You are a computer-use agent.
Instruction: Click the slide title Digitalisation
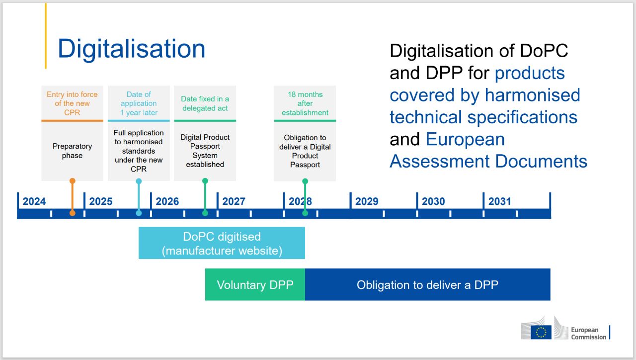tap(131, 49)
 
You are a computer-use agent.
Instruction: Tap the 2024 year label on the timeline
tap(34, 201)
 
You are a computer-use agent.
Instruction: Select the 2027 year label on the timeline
tap(234, 201)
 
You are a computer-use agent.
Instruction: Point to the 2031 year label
tap(500, 201)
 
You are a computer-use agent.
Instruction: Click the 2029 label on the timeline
tap(367, 201)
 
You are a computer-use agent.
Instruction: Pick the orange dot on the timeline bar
tap(73, 213)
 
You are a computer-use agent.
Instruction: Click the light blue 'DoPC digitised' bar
tap(222, 243)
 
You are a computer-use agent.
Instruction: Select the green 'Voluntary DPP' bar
tap(255, 285)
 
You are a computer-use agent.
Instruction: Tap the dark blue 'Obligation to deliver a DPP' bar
tap(427, 285)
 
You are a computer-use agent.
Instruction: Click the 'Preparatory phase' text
tap(73, 151)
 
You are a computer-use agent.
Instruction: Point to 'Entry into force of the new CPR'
tap(73, 103)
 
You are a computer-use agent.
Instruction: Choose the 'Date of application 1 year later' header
tap(139, 103)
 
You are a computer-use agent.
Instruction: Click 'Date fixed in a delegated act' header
tap(205, 103)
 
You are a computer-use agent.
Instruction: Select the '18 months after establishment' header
tap(305, 103)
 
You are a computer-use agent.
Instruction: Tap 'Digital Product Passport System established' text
tap(205, 151)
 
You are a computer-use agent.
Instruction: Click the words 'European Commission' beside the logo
tap(588, 333)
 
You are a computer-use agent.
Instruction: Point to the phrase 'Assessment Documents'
tap(488, 161)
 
